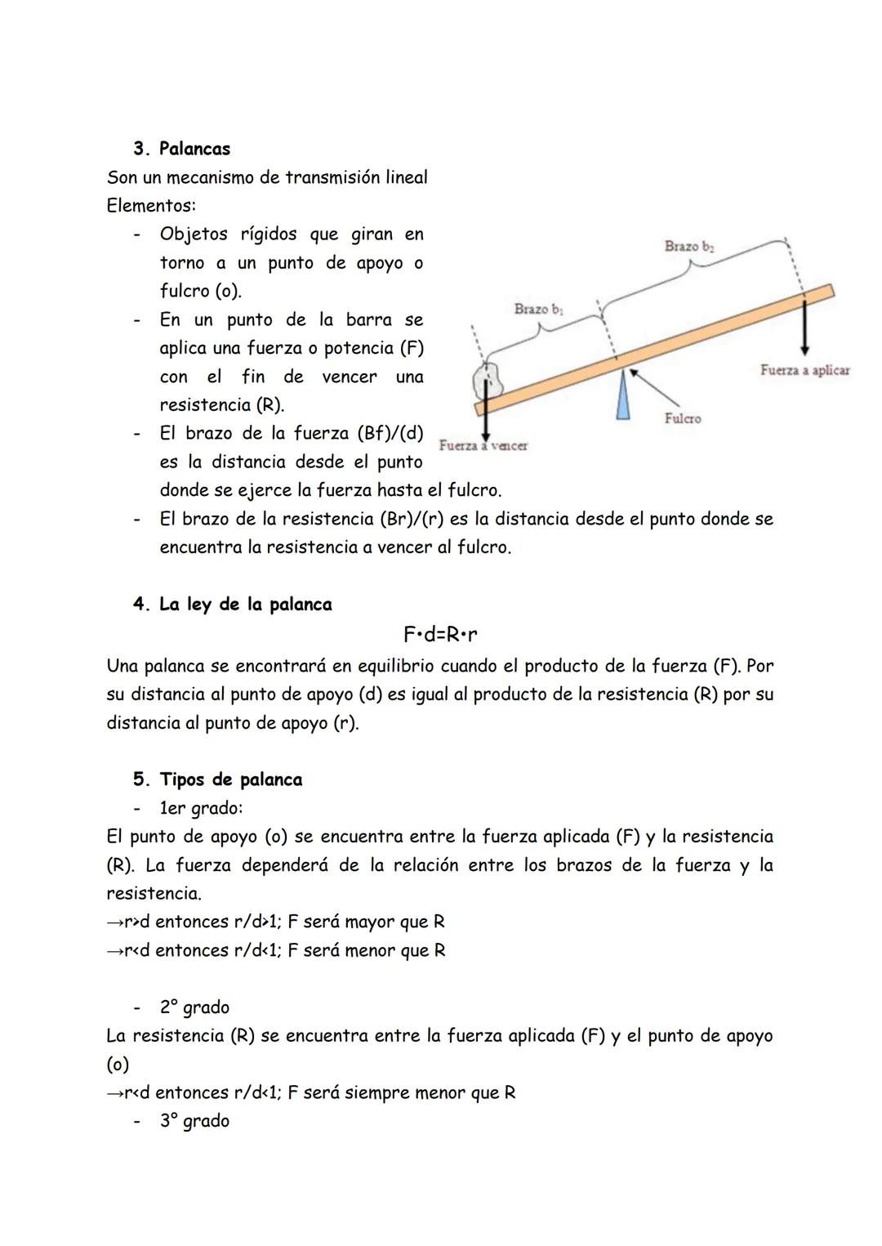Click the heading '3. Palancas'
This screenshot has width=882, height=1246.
coord(181,149)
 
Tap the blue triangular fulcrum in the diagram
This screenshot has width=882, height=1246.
coord(623,396)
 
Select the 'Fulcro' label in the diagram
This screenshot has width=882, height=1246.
coord(682,418)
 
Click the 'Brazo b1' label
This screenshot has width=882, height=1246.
coord(538,309)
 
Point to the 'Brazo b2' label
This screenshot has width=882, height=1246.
coord(688,246)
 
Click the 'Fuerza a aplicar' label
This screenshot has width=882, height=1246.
coord(804,370)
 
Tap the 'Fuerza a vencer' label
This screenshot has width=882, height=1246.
coord(483,445)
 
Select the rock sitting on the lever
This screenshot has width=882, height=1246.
coord(489,380)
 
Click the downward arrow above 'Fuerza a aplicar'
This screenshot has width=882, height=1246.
coord(804,327)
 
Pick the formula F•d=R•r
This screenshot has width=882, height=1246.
coord(440,634)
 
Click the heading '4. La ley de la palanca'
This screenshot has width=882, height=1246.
coord(233,605)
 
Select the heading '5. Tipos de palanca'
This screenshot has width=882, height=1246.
coord(218,779)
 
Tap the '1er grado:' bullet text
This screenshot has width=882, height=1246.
coord(201,808)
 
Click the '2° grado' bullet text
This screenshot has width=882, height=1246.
coord(194,1007)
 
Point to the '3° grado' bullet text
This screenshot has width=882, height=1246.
coord(194,1121)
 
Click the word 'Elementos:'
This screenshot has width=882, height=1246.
coord(151,206)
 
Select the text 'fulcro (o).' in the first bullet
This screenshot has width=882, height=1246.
coord(200,291)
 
